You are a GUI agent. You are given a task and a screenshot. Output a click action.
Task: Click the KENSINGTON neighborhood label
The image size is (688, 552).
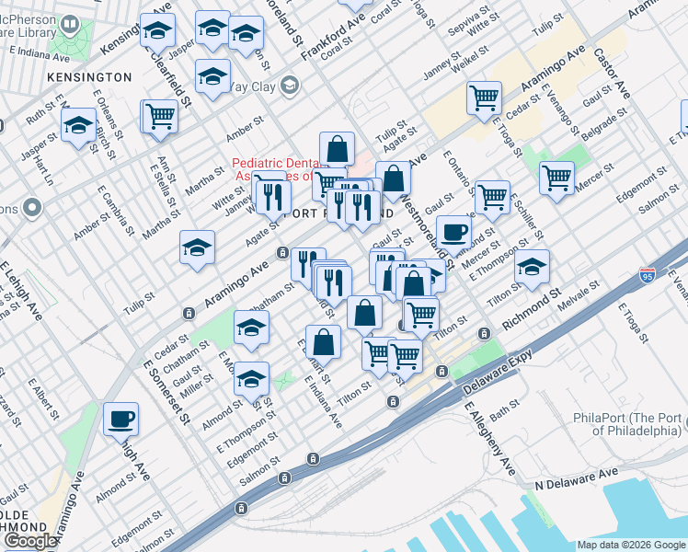tap(88, 76)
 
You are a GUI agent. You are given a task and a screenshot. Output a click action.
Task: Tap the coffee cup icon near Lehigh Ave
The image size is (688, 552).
tap(121, 420)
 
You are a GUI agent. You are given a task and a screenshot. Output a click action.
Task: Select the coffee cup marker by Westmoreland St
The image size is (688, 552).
tap(453, 231)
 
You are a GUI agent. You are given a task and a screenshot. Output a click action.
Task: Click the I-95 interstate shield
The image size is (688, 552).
tap(648, 275)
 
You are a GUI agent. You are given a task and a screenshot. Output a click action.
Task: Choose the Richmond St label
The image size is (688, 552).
tap(531, 312)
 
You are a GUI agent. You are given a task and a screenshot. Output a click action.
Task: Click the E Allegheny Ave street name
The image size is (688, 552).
tap(489, 438)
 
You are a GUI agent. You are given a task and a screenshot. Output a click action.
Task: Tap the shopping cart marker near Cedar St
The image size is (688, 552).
tap(484, 97)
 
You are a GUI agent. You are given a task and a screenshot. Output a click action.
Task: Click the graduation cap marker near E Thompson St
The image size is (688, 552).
tap(532, 265)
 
